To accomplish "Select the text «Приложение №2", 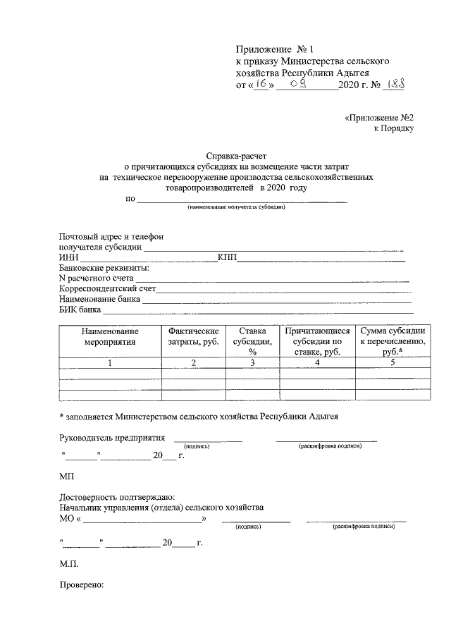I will point(379,116).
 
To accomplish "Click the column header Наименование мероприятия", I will point(110,336).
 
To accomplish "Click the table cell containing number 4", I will point(317,363).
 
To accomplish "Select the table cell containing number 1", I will point(110,363).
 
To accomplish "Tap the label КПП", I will point(227,257).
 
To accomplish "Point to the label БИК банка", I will point(80,309).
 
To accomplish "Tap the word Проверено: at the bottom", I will point(82,585).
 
